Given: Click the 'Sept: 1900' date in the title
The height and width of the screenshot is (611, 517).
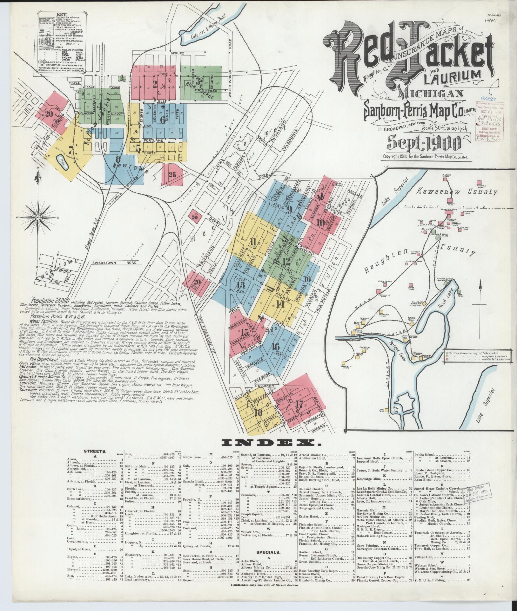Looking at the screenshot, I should click(x=424, y=143).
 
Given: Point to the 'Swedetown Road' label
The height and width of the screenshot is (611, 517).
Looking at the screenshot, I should click(x=115, y=263).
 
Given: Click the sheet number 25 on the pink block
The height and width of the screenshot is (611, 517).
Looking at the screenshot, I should click(x=172, y=174).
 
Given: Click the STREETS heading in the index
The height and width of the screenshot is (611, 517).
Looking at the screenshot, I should click(x=95, y=451).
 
